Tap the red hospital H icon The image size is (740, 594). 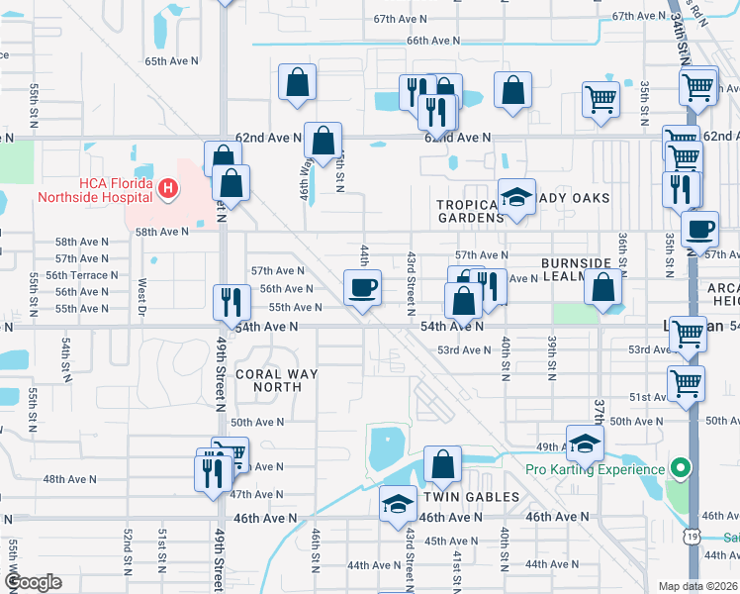pos(168,186)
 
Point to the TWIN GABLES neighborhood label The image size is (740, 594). pos(471,497)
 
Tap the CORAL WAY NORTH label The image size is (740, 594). pos(267,380)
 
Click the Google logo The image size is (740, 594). pos(33,582)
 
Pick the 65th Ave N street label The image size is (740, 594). pos(171,61)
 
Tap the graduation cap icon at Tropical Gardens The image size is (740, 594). pos(515,196)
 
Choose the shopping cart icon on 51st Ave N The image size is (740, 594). pos(685,382)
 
